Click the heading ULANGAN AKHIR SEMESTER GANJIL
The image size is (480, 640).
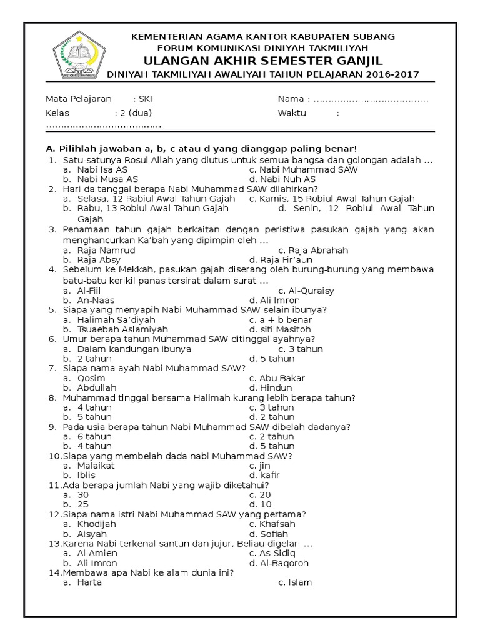[263, 61]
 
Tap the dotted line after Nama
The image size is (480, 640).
[370, 99]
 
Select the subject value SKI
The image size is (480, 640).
[145, 99]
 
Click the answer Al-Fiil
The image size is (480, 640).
[89, 290]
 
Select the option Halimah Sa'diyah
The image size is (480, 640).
[107, 319]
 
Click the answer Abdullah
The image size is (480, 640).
[97, 387]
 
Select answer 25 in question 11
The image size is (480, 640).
[83, 504]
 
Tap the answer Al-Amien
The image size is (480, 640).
[97, 553]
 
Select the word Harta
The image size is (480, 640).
[89, 582]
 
